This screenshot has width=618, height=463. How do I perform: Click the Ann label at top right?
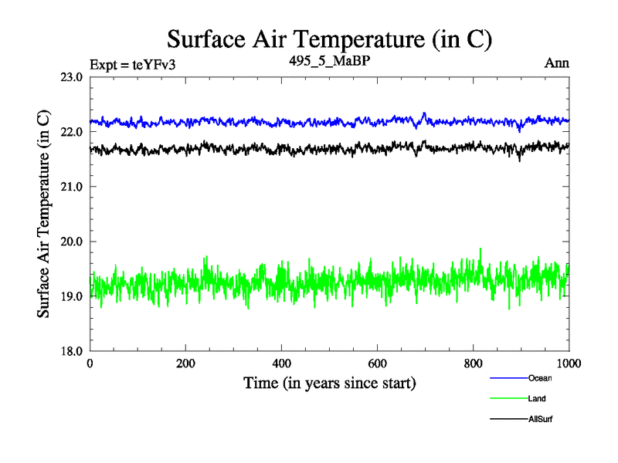(556, 63)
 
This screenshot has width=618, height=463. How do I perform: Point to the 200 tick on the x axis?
(186, 363)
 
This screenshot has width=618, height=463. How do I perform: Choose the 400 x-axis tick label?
(282, 363)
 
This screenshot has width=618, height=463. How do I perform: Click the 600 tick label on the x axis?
(378, 363)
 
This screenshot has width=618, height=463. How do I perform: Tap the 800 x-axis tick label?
(474, 363)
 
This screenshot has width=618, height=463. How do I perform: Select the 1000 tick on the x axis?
(569, 363)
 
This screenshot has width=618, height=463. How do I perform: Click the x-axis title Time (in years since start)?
(330, 383)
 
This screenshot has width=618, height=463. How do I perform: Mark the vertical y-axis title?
(45, 215)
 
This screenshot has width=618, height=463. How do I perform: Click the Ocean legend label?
(540, 378)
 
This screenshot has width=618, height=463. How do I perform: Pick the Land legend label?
(537, 399)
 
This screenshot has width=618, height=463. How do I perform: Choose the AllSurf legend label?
(541, 419)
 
